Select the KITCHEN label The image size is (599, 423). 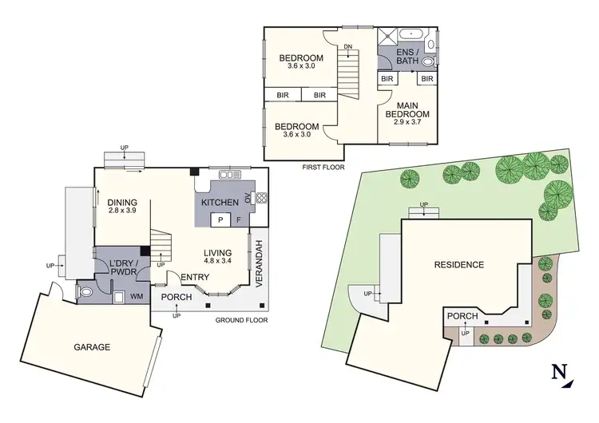point(220,203)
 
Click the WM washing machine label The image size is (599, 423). point(137,297)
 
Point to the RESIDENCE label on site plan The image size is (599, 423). point(459,264)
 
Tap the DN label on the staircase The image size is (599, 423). point(347,47)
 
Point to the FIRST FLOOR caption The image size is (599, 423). point(322,168)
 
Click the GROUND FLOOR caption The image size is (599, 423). point(241,320)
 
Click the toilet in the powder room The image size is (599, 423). point(87,293)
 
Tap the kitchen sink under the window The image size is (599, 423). point(229,175)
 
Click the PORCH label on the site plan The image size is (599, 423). point(462,317)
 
